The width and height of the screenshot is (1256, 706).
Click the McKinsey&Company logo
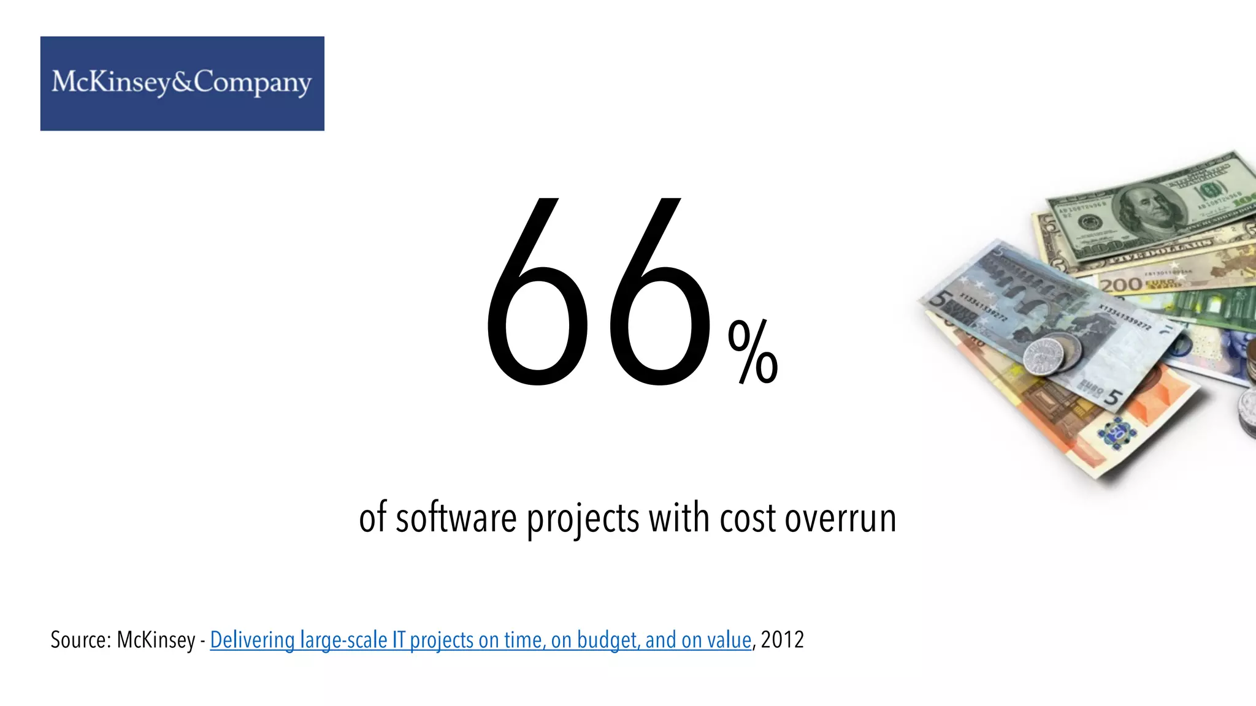click(x=182, y=83)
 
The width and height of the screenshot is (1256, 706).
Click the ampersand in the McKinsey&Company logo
click(x=182, y=82)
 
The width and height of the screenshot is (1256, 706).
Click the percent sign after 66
click(x=752, y=354)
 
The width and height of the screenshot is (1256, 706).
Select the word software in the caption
click(x=456, y=518)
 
